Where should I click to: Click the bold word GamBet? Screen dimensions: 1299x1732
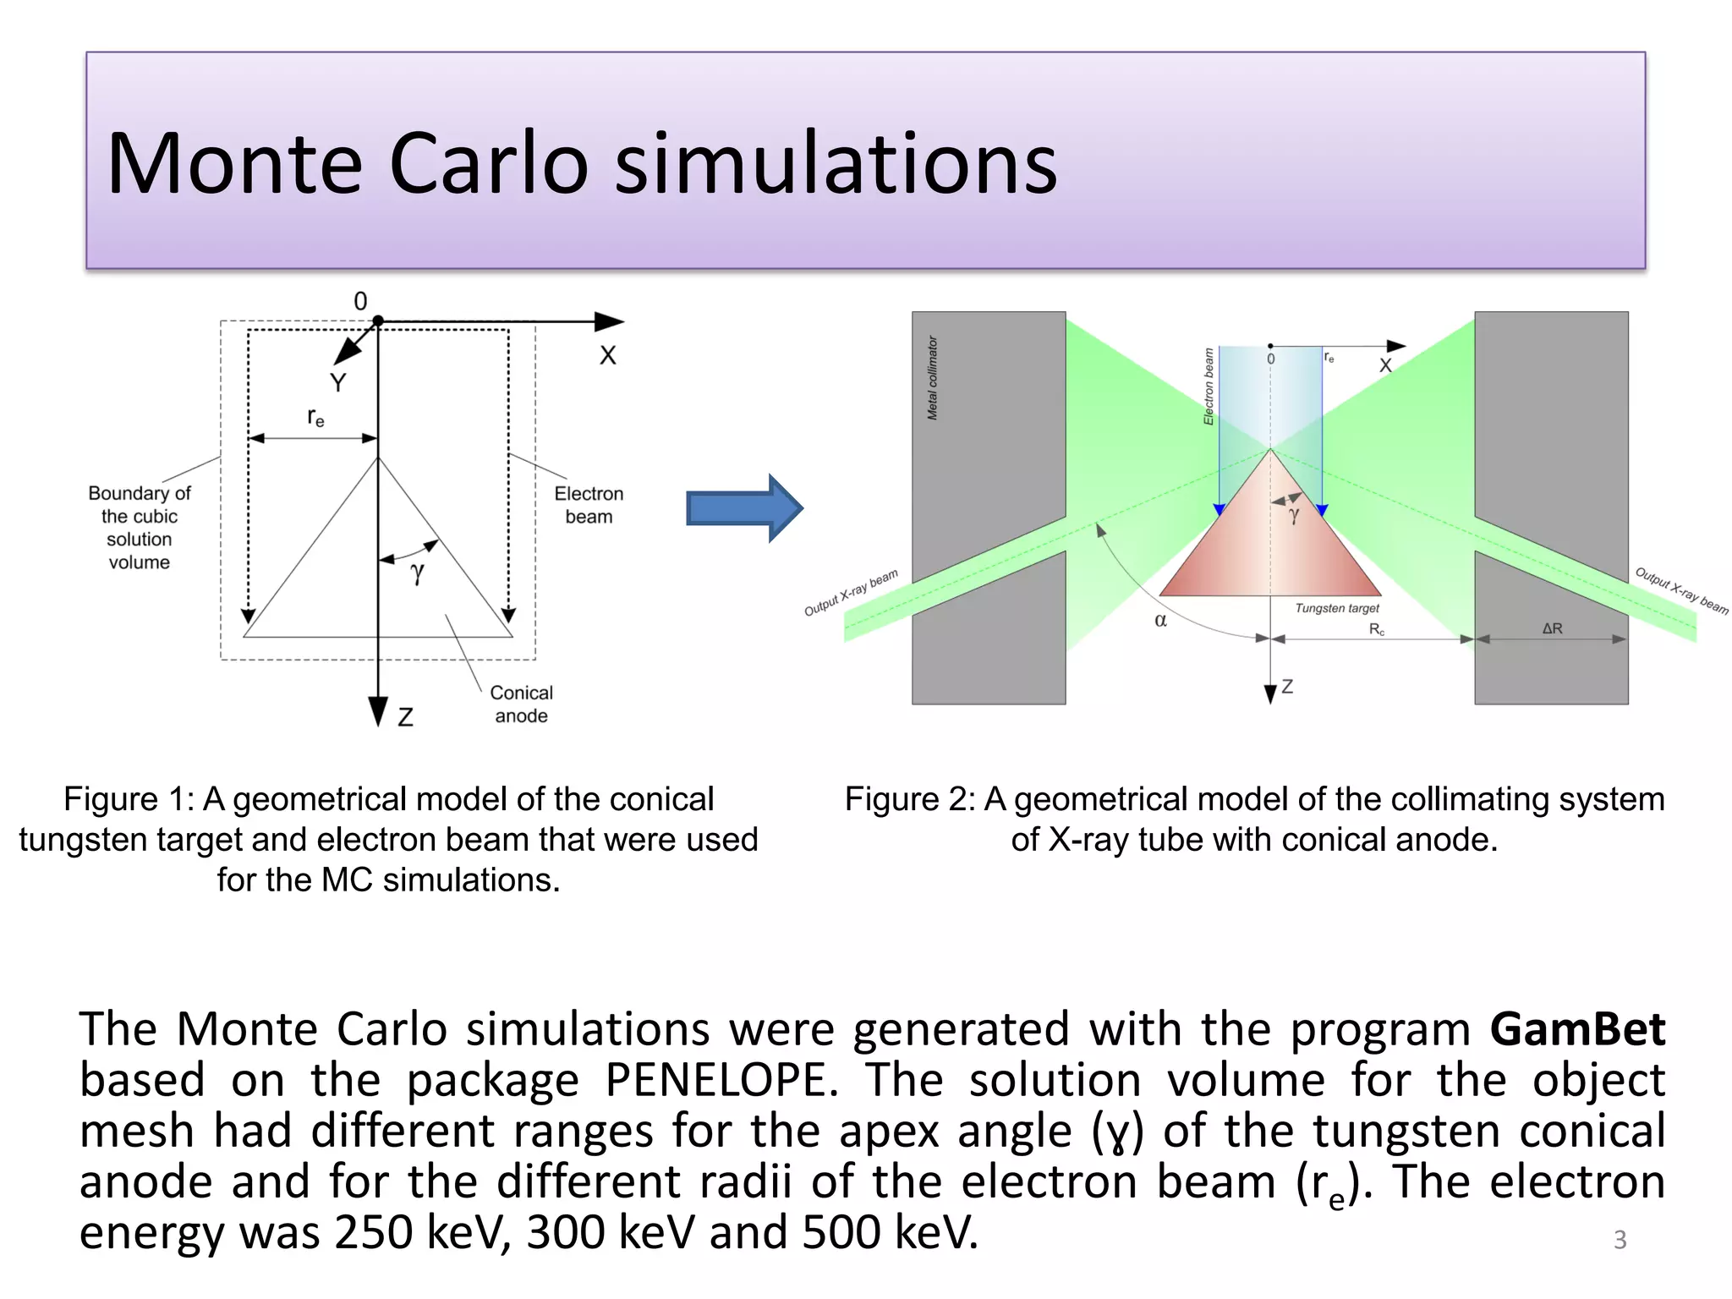1577,1029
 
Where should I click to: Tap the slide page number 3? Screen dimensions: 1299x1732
1620,1240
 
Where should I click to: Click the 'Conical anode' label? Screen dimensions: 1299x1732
521,704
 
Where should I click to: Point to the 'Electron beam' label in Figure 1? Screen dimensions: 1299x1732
589,505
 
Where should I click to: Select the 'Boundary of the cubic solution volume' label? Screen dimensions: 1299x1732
140,527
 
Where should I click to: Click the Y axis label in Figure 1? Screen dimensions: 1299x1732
338,383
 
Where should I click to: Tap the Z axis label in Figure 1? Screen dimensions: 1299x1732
406,717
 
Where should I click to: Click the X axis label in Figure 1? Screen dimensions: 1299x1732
608,355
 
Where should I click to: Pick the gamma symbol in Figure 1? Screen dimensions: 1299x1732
417,573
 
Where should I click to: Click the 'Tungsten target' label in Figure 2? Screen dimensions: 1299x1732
1336,608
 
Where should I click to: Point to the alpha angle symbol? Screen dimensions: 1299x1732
1161,621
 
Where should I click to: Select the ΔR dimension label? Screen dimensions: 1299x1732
1552,628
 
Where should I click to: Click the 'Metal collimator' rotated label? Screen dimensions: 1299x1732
933,378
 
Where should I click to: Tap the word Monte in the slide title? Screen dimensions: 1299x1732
234,164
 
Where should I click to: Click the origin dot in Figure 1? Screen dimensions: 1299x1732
378,321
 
